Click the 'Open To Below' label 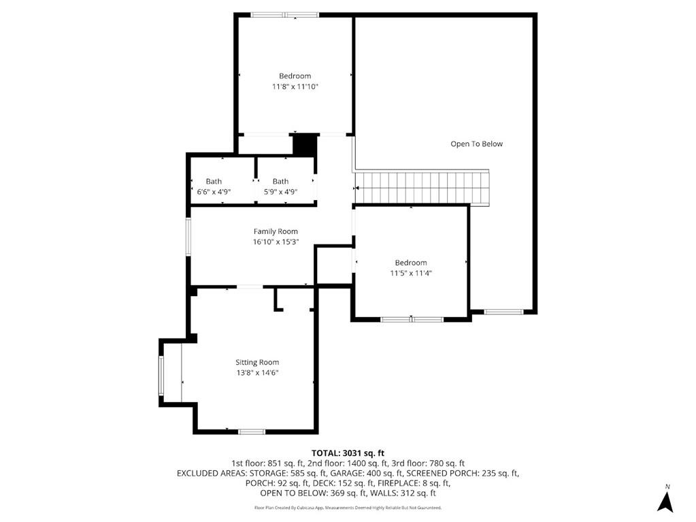(x=476, y=144)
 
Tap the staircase (x=423, y=188)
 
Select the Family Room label (x=276, y=231)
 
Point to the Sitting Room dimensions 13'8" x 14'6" (x=257, y=373)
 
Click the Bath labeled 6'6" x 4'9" (x=214, y=186)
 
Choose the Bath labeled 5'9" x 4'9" (x=280, y=186)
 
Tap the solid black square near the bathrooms (x=305, y=145)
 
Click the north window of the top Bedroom (x=284, y=15)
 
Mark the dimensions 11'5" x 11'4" (x=411, y=273)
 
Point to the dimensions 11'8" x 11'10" (x=295, y=86)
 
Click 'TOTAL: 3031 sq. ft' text (x=348, y=453)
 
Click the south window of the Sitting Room (x=251, y=431)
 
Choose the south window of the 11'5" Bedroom (x=412, y=319)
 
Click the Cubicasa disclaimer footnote (x=348, y=508)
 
